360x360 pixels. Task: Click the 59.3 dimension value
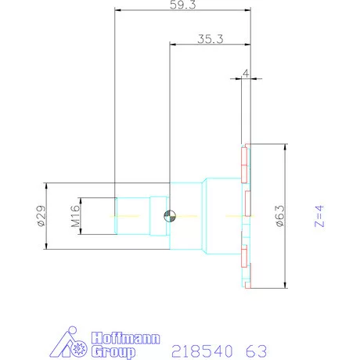coord(182,5)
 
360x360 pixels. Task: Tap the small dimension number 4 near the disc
coord(247,73)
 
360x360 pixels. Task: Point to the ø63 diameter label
coord(279,216)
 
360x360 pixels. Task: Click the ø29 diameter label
coord(41,217)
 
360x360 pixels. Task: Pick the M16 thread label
coord(76,216)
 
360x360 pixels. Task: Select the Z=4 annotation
coord(318,216)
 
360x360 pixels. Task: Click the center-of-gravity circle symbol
coord(170,217)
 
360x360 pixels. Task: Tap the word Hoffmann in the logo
coord(126,339)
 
